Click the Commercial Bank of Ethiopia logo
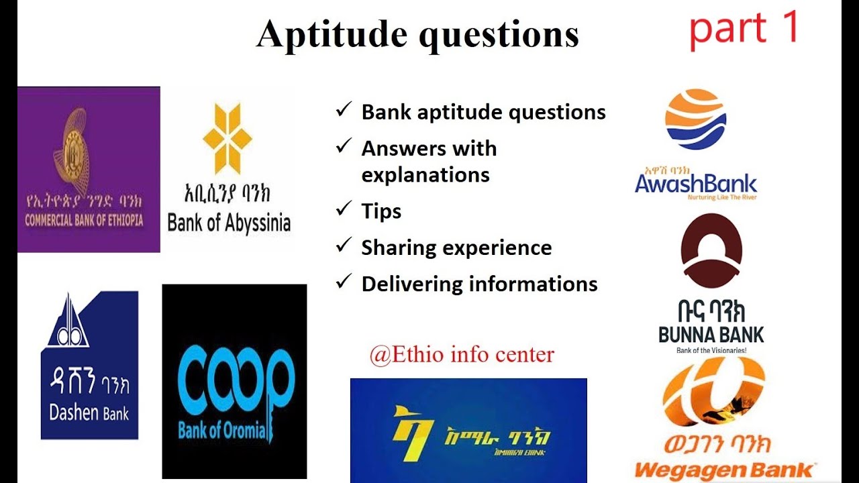click(89, 169)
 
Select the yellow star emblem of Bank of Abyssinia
click(228, 138)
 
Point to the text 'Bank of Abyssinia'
click(229, 223)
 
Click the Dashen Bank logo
click(89, 365)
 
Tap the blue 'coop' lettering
click(235, 382)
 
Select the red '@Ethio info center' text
click(462, 354)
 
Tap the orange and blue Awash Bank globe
click(695, 119)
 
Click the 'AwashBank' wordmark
click(696, 183)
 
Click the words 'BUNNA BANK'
click(711, 334)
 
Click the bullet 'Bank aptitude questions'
click(483, 112)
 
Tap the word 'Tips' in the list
click(381, 211)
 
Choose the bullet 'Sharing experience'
click(456, 248)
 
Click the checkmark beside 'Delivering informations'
click(344, 282)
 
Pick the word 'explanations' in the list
click(425, 174)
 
